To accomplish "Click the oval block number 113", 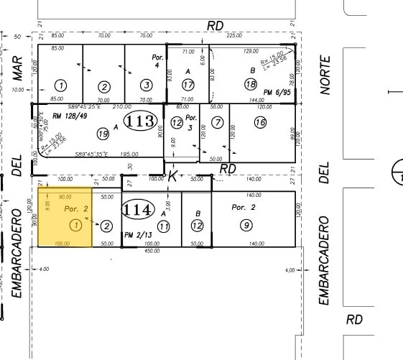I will [x=139, y=121].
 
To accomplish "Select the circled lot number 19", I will [x=103, y=134].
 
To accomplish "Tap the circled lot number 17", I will [x=188, y=85].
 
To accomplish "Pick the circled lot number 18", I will [x=251, y=85].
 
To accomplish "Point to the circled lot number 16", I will [x=259, y=123].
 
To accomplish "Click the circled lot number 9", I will [x=246, y=226].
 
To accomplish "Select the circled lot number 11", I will [x=165, y=226].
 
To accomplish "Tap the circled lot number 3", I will [x=146, y=85].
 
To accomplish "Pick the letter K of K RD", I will [x=172, y=175].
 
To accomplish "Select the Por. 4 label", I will [x=159, y=59].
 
